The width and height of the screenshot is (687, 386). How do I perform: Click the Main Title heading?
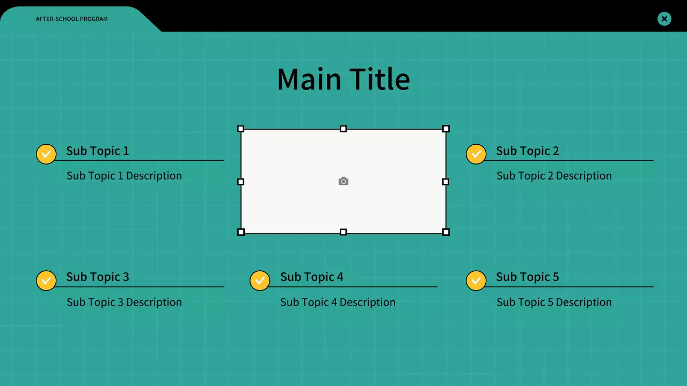pos(343,79)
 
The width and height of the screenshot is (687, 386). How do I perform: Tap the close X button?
pos(664,19)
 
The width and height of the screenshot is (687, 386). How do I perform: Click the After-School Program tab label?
pos(71,19)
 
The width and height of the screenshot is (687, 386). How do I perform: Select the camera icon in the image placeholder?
pos(343,182)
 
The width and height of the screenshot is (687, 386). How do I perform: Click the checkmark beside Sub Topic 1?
pos(46,154)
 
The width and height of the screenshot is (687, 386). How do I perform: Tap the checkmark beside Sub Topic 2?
pos(476,154)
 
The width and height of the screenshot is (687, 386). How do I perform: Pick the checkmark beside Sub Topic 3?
pos(46,280)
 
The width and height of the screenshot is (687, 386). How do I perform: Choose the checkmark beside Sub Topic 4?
pos(260,280)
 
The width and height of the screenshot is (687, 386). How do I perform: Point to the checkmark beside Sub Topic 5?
pos(476,280)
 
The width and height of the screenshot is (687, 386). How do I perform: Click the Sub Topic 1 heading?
pos(97,151)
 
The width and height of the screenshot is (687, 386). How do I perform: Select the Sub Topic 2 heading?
pos(527,151)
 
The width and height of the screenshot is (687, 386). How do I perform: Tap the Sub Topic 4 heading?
pos(311,277)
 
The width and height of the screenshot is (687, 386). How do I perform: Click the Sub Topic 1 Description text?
pos(124,176)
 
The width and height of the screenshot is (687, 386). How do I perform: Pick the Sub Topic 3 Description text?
pos(124,302)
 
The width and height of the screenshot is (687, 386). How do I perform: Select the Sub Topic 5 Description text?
pos(554,302)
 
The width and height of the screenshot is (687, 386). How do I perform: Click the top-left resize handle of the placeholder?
pos(241,129)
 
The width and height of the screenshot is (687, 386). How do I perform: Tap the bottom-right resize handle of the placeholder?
pos(445,232)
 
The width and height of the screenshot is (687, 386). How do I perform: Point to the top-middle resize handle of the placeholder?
pos(343,129)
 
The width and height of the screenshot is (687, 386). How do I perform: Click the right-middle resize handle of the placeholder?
pos(445,182)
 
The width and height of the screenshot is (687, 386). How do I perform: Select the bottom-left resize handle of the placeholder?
pos(241,232)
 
